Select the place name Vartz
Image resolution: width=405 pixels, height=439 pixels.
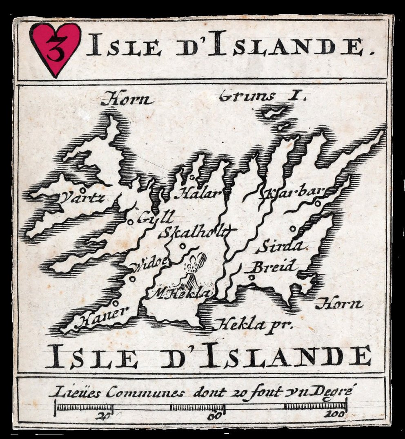(x=83, y=198)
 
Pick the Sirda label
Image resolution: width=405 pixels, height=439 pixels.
(x=282, y=247)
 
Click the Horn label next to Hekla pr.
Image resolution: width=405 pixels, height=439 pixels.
(x=339, y=304)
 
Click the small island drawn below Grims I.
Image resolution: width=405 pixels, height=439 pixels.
(x=272, y=112)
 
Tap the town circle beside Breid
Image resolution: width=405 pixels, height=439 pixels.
(x=252, y=278)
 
